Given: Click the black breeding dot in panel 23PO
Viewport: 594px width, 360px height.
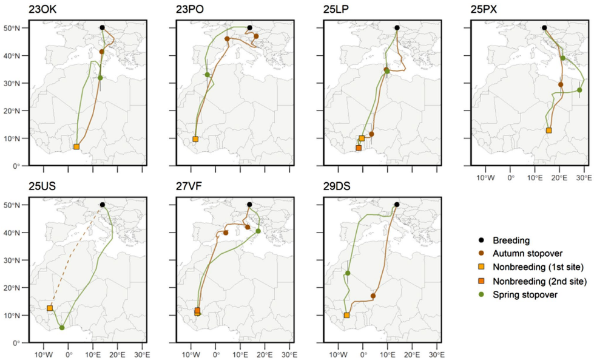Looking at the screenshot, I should [249, 27].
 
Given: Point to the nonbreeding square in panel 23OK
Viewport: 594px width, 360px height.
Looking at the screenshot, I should [76, 147].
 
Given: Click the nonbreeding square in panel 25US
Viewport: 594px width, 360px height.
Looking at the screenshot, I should [50, 308].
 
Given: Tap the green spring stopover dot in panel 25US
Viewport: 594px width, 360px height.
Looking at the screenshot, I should [62, 328].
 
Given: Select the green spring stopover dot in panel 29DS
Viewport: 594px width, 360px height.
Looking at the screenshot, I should [348, 273].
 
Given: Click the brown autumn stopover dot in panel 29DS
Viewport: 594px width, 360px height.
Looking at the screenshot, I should [373, 296].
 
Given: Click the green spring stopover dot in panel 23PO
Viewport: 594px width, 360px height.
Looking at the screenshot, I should [208, 75].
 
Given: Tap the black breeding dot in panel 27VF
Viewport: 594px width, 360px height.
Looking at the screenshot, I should [249, 205].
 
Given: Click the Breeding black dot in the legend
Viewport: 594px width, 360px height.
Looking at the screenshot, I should [480, 240].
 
